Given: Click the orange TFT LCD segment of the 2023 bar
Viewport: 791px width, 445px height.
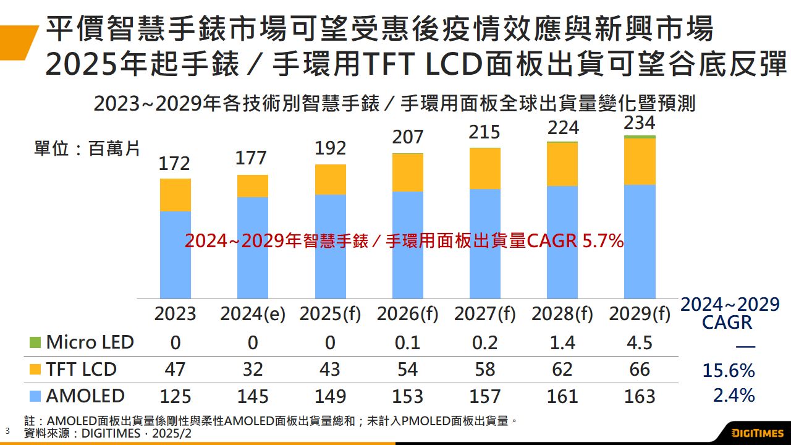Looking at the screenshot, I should tap(176, 195).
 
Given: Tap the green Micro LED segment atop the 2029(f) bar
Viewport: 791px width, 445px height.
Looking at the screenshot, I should tap(640, 137).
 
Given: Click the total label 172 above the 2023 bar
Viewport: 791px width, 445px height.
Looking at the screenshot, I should tap(175, 164).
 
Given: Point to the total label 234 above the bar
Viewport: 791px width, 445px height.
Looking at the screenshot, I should tap(640, 122).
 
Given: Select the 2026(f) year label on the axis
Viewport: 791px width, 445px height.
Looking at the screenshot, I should tap(407, 314).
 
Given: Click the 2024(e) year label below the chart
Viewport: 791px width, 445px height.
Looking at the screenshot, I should tap(253, 314).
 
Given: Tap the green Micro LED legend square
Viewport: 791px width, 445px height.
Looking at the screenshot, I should tap(35, 342).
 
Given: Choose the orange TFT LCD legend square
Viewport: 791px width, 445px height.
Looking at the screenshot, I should tap(35, 370).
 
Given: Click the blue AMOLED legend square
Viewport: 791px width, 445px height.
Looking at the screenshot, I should tap(35, 396).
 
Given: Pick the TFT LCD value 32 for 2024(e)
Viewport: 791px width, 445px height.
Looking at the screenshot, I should tap(253, 370).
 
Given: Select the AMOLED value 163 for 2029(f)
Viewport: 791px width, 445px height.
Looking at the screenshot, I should tap(640, 396).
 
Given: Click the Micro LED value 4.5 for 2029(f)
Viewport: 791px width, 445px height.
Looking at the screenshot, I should tap(640, 342).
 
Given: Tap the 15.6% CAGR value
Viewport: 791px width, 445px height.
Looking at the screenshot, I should tap(729, 371).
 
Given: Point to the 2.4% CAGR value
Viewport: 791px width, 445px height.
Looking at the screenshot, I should tap(734, 396).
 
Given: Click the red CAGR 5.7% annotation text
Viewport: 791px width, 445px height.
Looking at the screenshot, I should tap(404, 242).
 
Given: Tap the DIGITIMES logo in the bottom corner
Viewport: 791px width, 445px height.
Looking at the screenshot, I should tap(758, 432).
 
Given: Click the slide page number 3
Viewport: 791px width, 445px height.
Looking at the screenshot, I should tap(7, 430).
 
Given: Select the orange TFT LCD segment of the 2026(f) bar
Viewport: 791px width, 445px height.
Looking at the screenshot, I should tap(407, 172).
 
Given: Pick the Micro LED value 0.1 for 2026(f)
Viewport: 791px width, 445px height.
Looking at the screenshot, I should tap(407, 342).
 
